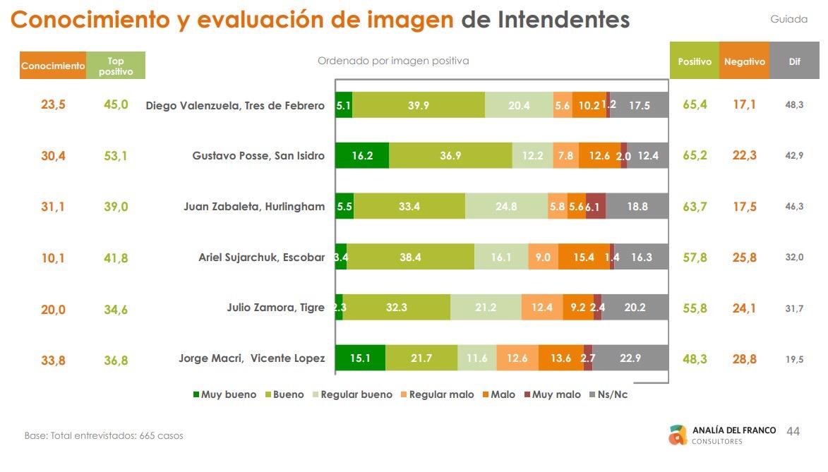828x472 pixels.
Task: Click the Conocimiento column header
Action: [x=53, y=66]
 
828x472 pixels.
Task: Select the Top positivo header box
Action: [x=116, y=66]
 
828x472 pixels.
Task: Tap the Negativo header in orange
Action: [x=744, y=61]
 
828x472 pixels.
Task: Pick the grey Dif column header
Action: [x=794, y=61]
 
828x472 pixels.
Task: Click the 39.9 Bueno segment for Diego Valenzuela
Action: [x=419, y=105]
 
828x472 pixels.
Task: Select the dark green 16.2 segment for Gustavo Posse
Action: [x=361, y=156]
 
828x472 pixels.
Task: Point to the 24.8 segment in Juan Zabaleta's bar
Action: [x=506, y=207]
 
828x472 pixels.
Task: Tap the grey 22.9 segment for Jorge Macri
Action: [x=630, y=358]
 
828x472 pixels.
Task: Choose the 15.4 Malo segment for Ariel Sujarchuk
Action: [x=584, y=258]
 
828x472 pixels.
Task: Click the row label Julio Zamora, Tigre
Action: [x=275, y=308]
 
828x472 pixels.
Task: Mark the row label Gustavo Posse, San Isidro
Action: [x=258, y=156]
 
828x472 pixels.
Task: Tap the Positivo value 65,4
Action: [x=695, y=105]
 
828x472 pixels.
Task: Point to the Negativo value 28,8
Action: [x=744, y=359]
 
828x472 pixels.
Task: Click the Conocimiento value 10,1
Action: [x=53, y=258]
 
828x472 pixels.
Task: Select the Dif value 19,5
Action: [x=794, y=359]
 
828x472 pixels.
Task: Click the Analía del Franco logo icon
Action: [x=678, y=435]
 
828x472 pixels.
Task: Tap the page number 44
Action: [x=793, y=431]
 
